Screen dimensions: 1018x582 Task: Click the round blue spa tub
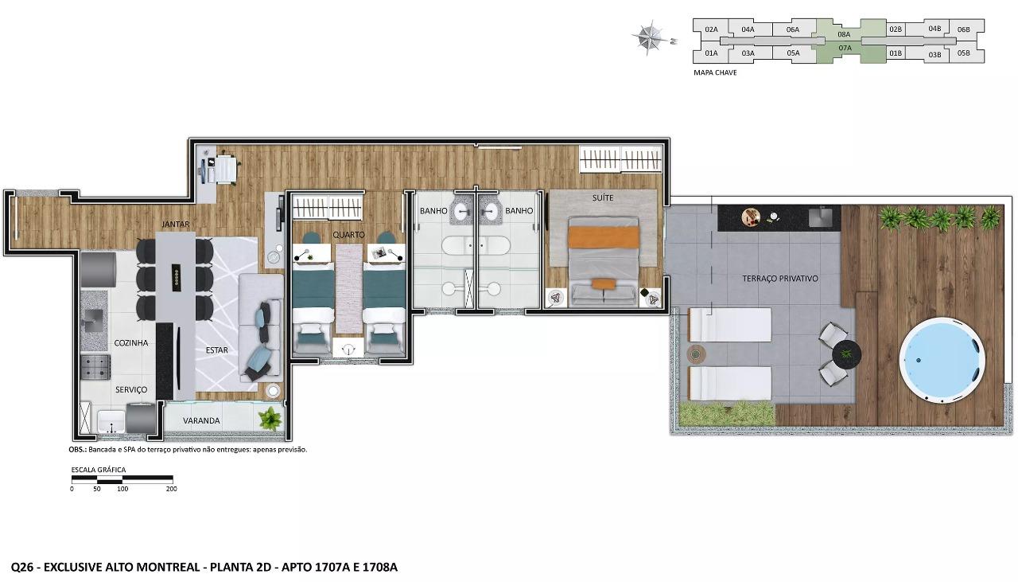coord(942,360)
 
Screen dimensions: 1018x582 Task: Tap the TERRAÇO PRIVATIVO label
coord(780,279)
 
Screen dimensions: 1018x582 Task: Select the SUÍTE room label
coord(603,198)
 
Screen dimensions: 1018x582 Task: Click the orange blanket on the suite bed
coord(604,237)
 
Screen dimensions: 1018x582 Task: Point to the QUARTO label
coord(348,235)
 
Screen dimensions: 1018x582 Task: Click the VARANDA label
coord(201,420)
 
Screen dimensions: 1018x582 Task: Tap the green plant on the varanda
coord(270,419)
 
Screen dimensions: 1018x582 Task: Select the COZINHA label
coord(131,343)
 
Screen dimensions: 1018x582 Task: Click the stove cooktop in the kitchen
coord(95,367)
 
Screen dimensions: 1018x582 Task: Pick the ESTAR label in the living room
coord(217,350)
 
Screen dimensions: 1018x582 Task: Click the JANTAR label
coord(176,225)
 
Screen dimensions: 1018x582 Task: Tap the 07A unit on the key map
coord(845,48)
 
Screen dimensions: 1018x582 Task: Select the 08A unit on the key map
coord(844,34)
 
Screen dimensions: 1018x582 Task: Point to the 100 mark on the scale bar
coord(122,489)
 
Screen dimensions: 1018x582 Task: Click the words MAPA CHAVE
coord(715,72)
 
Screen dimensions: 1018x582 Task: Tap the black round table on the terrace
coord(846,354)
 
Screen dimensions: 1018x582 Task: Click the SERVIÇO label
coord(131,389)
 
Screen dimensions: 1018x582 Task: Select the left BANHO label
coord(433,211)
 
